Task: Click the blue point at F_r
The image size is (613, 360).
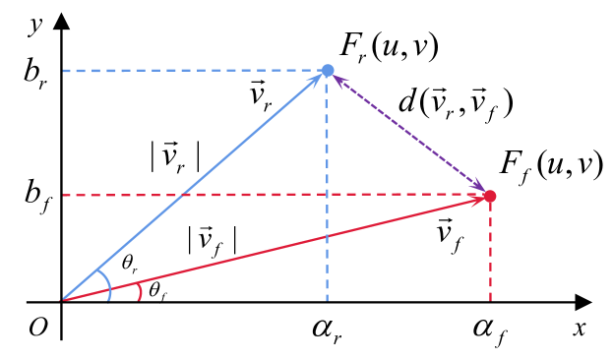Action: click(329, 70)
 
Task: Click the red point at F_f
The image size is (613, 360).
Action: click(490, 197)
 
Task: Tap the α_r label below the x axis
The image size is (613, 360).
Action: click(328, 329)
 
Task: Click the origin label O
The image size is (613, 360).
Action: click(37, 328)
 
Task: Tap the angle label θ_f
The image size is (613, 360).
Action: click(157, 289)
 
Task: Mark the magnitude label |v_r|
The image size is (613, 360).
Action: click(174, 158)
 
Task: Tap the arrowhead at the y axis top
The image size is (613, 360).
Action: click(62, 18)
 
